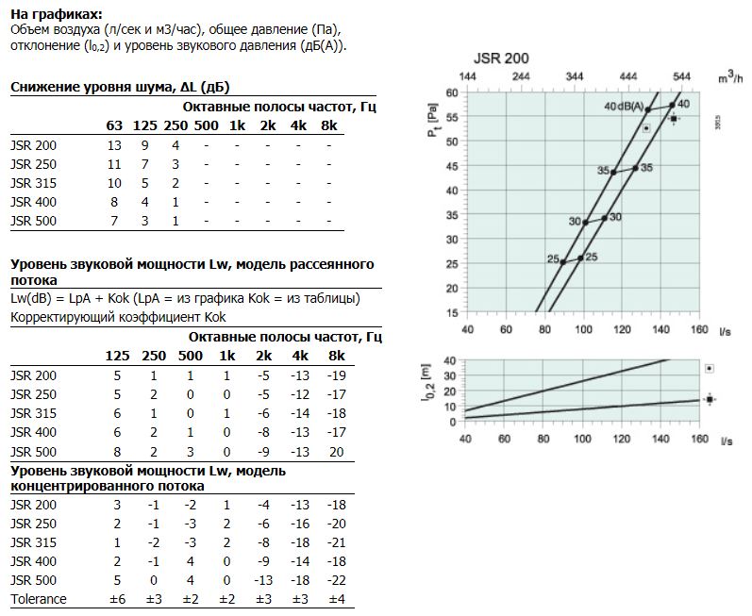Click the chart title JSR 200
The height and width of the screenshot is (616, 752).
(x=501, y=58)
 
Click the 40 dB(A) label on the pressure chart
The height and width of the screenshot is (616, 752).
(x=624, y=106)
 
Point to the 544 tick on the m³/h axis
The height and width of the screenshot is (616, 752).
(x=681, y=76)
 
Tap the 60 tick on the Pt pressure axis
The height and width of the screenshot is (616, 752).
(x=452, y=92)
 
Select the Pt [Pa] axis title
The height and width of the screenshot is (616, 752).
(x=433, y=120)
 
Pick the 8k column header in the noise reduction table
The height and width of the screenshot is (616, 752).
(x=329, y=125)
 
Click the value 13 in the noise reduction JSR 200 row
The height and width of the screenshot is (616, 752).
(x=114, y=145)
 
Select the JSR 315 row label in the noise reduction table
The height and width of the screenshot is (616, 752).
(x=34, y=183)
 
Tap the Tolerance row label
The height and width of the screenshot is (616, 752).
(x=39, y=599)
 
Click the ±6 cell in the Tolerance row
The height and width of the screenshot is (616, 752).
(x=118, y=599)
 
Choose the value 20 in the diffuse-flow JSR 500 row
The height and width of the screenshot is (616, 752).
(x=337, y=452)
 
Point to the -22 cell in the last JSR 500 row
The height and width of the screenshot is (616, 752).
(x=337, y=580)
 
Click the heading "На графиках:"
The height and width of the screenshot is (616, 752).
(x=57, y=14)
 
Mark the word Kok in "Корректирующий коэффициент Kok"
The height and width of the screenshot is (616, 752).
(x=215, y=317)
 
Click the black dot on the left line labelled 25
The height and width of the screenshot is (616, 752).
(x=563, y=262)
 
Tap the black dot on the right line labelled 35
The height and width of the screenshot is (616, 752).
(x=635, y=168)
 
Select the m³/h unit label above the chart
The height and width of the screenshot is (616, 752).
(x=730, y=76)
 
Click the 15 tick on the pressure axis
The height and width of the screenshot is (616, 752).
(x=452, y=313)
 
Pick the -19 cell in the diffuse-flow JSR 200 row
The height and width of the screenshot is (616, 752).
(x=337, y=375)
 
